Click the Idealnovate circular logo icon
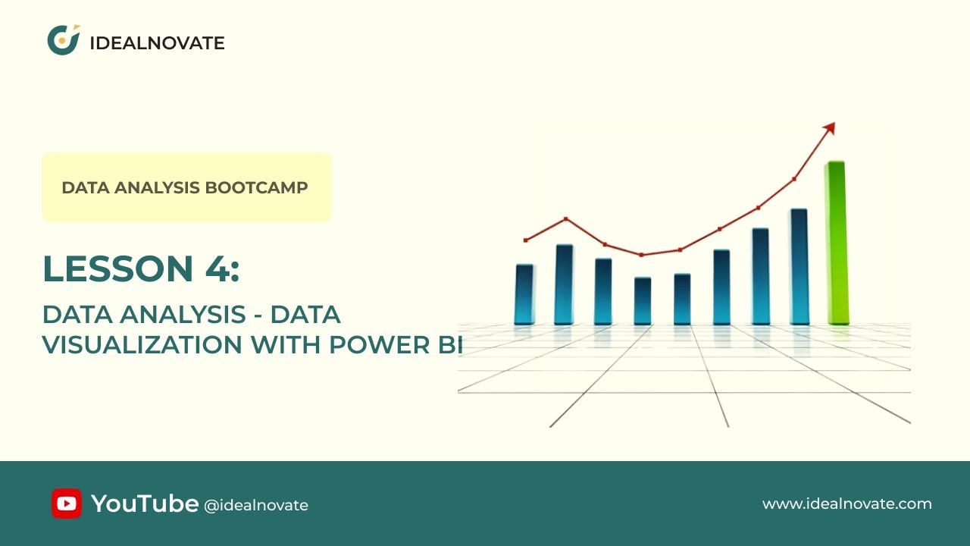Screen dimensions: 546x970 64,40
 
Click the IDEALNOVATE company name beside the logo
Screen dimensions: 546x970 157,43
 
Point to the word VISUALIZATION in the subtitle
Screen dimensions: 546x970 142,344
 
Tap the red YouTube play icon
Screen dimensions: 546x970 67,504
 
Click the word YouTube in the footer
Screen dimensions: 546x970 145,503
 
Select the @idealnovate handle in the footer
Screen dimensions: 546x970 256,505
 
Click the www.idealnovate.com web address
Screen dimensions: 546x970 846,504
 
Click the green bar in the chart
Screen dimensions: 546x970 836,243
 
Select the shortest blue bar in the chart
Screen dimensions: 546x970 643,300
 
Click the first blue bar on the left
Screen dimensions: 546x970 524,294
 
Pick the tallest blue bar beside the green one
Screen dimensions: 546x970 799,266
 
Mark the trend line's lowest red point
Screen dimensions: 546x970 642,255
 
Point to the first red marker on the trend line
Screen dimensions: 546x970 526,240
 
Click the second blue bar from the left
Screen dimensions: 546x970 564,284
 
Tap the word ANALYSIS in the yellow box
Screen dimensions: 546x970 161,187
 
